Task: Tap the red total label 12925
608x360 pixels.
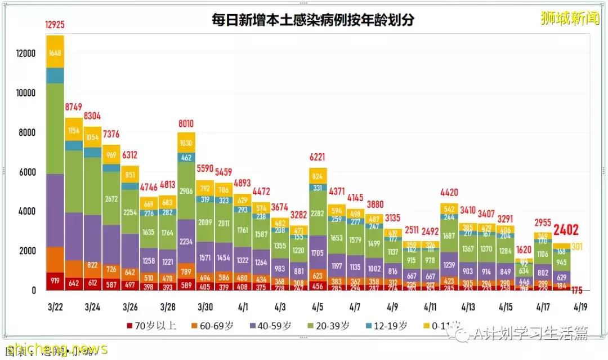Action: [x=55, y=25]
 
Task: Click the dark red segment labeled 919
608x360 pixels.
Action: [x=55, y=281]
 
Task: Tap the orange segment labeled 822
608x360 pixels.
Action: [x=92, y=265]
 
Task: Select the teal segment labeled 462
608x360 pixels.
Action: [x=186, y=158]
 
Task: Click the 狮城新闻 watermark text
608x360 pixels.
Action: [x=570, y=18]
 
